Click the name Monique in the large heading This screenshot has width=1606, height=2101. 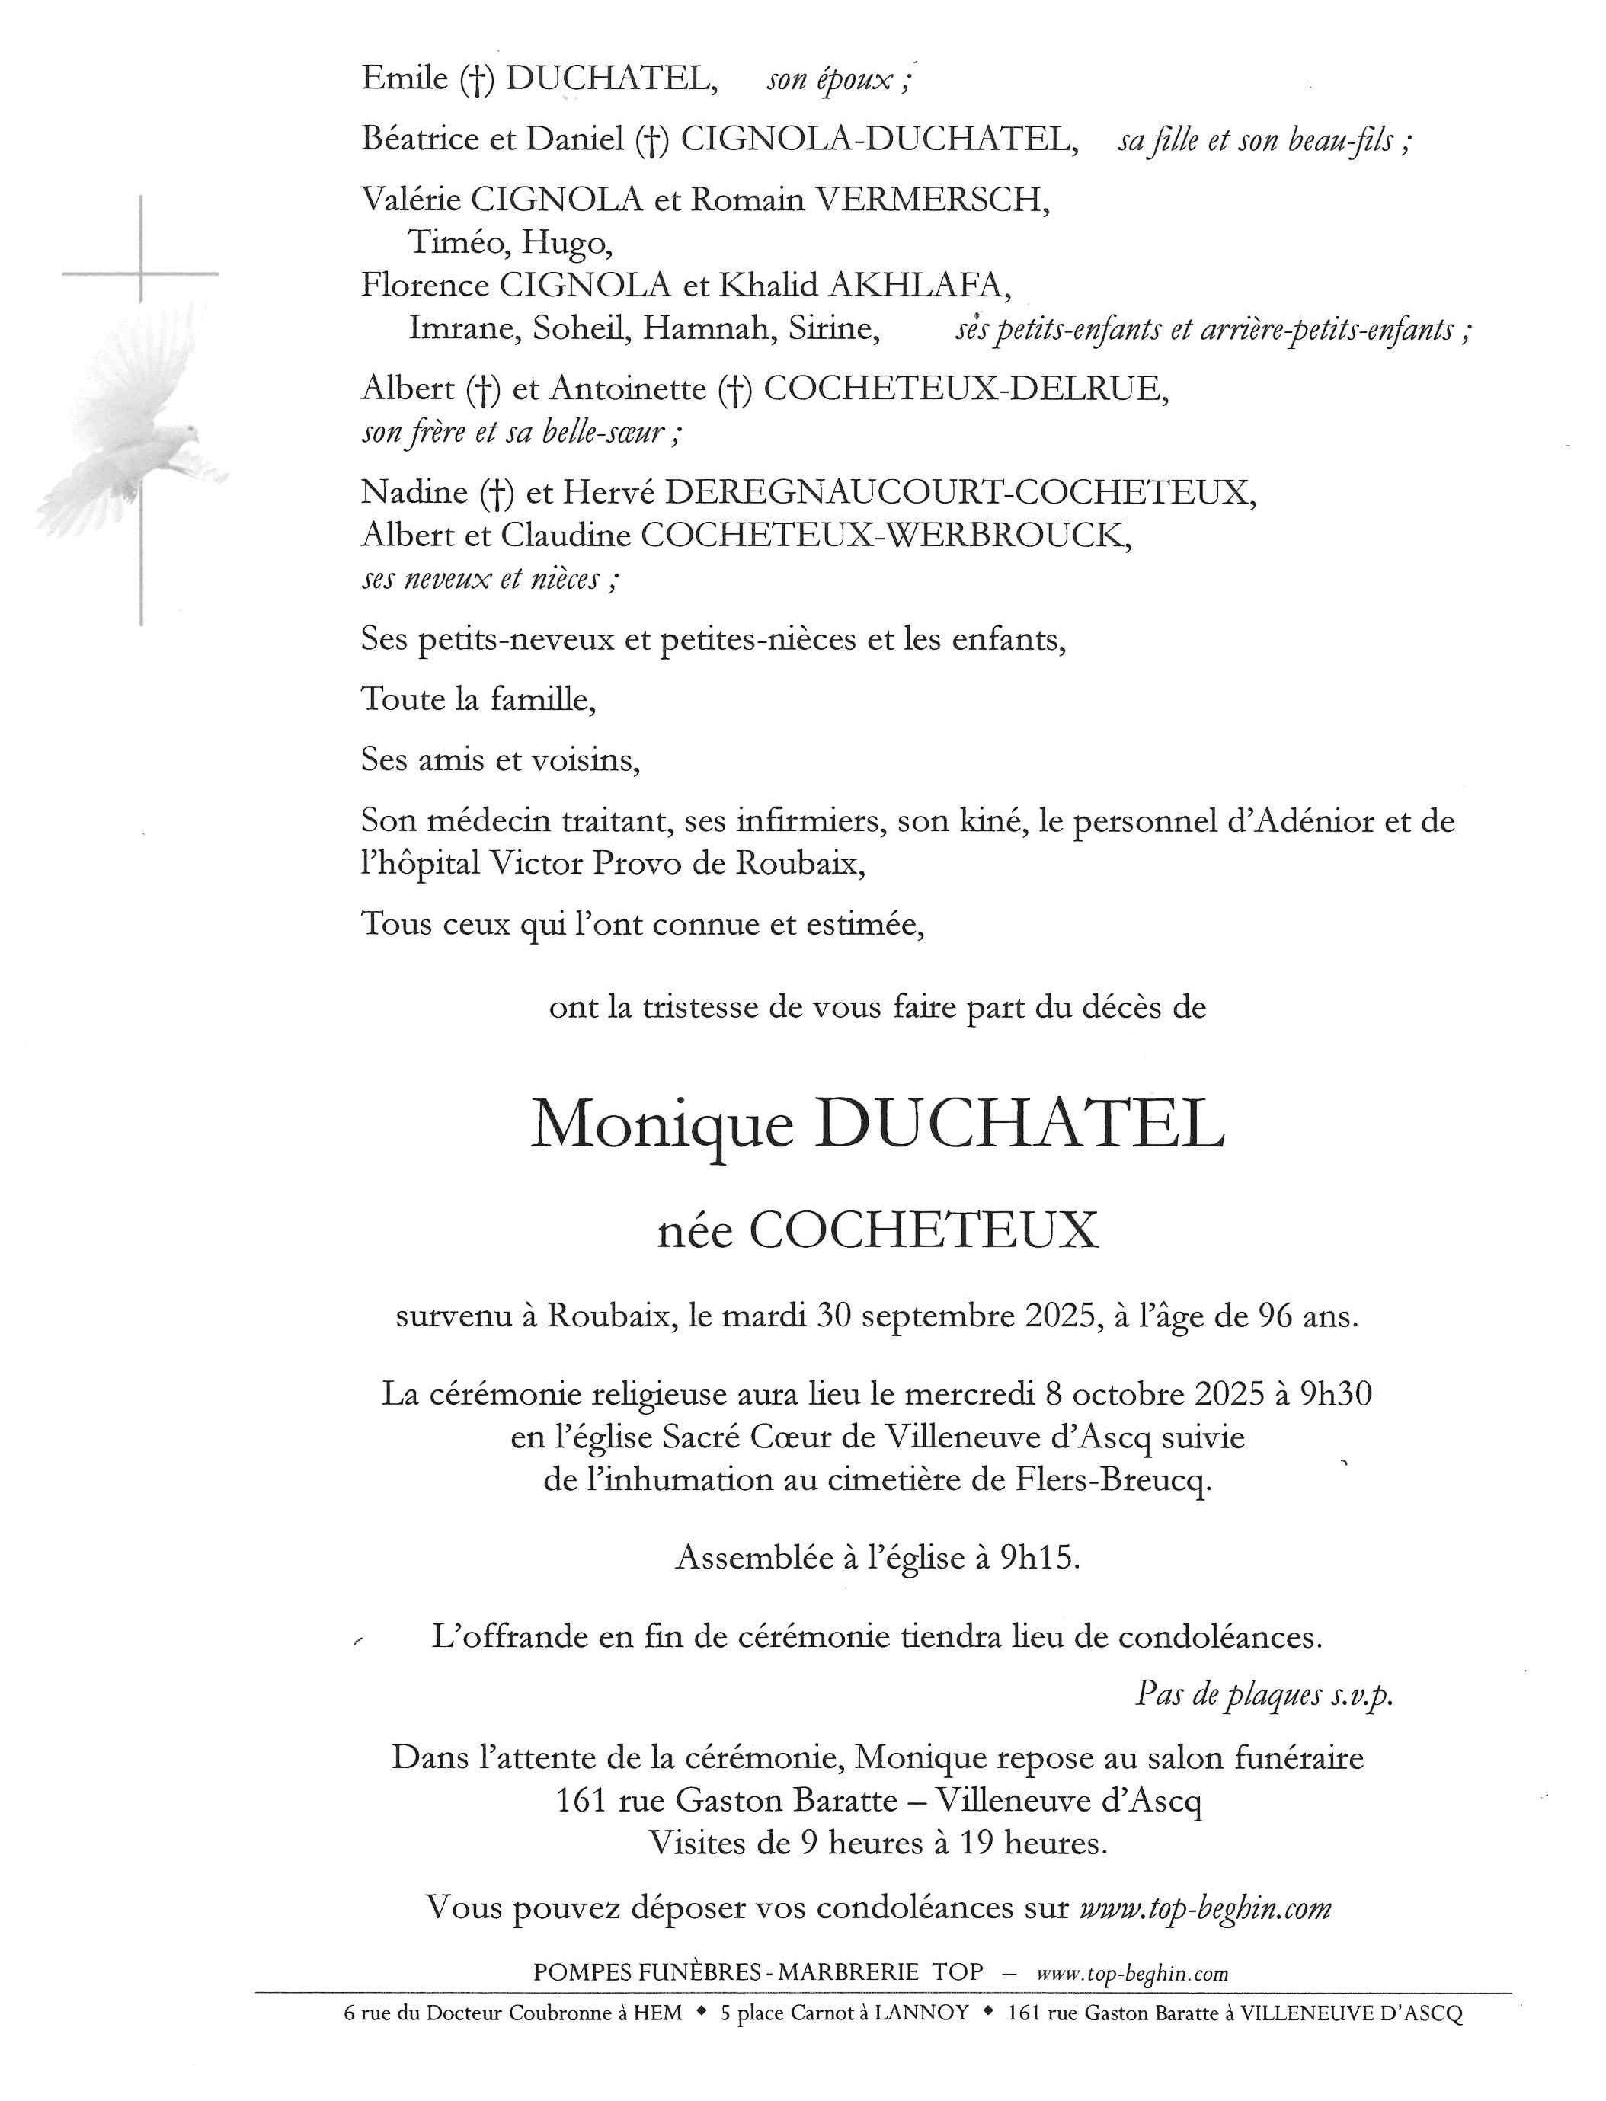(x=661, y=1126)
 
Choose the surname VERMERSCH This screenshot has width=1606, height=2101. (x=931, y=200)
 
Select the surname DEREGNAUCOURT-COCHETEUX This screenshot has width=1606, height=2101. (x=959, y=492)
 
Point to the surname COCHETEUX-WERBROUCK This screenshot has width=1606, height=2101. (x=885, y=536)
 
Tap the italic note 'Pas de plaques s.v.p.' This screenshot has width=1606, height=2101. (x=1263, y=1695)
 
